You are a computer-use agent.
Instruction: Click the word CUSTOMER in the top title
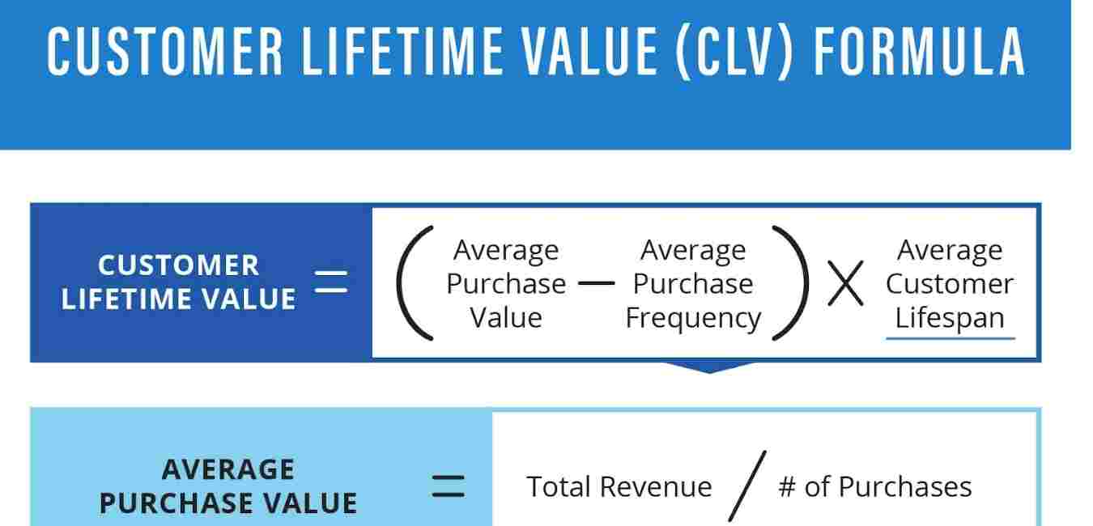pos(165,52)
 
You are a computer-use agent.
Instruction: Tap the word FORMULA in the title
pos(920,52)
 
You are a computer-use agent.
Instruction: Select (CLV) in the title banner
pos(735,52)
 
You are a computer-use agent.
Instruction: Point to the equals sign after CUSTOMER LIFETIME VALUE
pos(331,282)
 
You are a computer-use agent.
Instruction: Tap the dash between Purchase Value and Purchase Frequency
pos(596,282)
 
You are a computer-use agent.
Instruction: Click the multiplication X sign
pos(845,282)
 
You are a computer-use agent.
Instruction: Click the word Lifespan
pos(950,318)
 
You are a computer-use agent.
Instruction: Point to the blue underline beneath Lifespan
pos(951,337)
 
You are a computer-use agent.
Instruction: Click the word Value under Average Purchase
pos(506,318)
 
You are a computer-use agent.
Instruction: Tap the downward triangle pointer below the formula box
pos(710,367)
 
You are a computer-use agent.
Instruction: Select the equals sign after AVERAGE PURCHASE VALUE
pos(448,486)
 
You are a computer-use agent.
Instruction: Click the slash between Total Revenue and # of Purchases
pos(747,486)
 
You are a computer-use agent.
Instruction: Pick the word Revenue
pos(656,487)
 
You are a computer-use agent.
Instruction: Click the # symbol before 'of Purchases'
pos(787,487)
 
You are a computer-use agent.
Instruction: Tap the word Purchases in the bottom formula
pos(905,487)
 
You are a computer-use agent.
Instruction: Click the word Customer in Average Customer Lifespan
pos(950,284)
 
